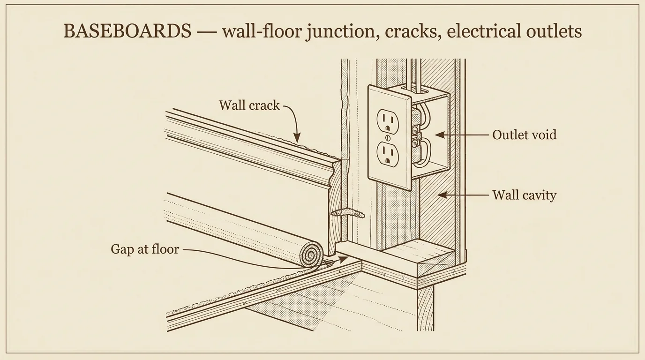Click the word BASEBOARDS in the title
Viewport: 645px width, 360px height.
127,31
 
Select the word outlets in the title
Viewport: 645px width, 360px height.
554,31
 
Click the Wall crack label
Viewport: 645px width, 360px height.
249,105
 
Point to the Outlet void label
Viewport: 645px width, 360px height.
525,135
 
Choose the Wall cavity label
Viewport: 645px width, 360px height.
524,195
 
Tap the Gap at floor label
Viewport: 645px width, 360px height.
145,249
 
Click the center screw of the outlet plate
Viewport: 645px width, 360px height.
388,137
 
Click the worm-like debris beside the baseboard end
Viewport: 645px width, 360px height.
347,214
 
